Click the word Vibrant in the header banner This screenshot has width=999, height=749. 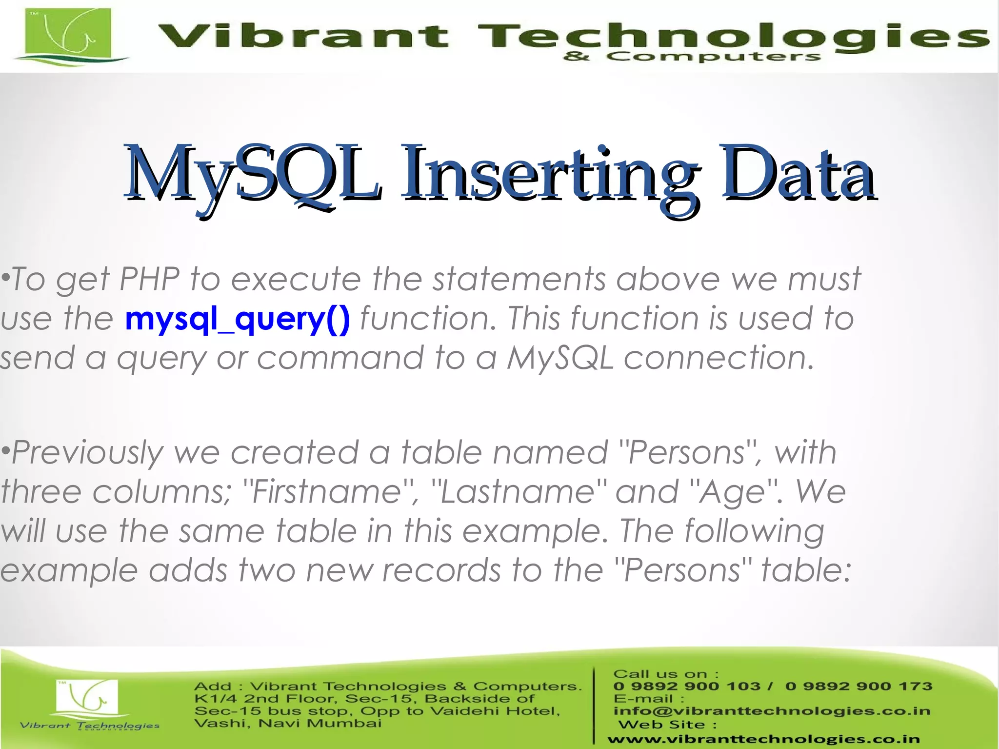[x=302, y=37]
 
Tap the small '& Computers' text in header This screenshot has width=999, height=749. [x=692, y=57]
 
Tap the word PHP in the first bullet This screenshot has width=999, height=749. [x=149, y=279]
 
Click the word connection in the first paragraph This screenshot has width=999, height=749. [x=719, y=358]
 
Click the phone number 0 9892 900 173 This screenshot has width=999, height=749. [x=859, y=686]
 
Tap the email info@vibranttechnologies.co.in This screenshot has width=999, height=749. [x=772, y=711]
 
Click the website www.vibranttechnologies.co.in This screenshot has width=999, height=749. [x=763, y=740]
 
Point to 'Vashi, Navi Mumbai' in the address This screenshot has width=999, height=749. [x=288, y=723]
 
